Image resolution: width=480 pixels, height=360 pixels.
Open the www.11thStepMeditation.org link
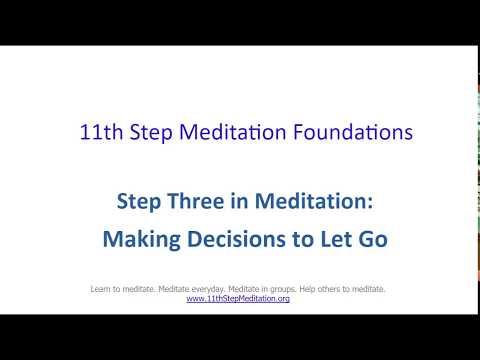click(238, 299)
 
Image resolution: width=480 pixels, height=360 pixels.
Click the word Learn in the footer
click(101, 290)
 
